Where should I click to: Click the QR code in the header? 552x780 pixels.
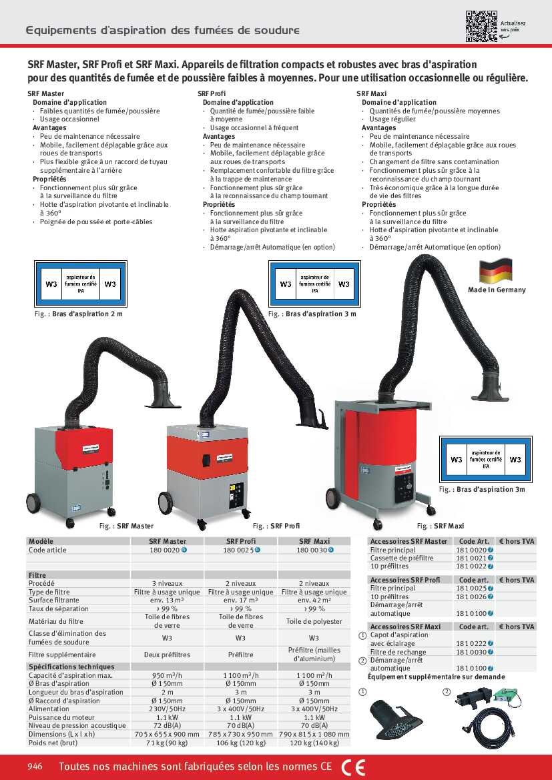point(482,27)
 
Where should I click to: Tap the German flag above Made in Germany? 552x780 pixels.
point(496,271)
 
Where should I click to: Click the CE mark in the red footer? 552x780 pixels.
point(353,767)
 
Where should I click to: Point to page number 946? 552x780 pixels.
point(35,767)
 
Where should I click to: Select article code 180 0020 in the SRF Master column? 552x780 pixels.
point(164,550)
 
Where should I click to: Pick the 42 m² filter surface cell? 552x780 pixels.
point(314,601)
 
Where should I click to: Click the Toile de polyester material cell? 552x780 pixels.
point(314,621)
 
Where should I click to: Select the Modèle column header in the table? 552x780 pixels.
point(41,541)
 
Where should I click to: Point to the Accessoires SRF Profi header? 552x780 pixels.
point(404,580)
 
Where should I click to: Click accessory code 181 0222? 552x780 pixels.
point(471,643)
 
